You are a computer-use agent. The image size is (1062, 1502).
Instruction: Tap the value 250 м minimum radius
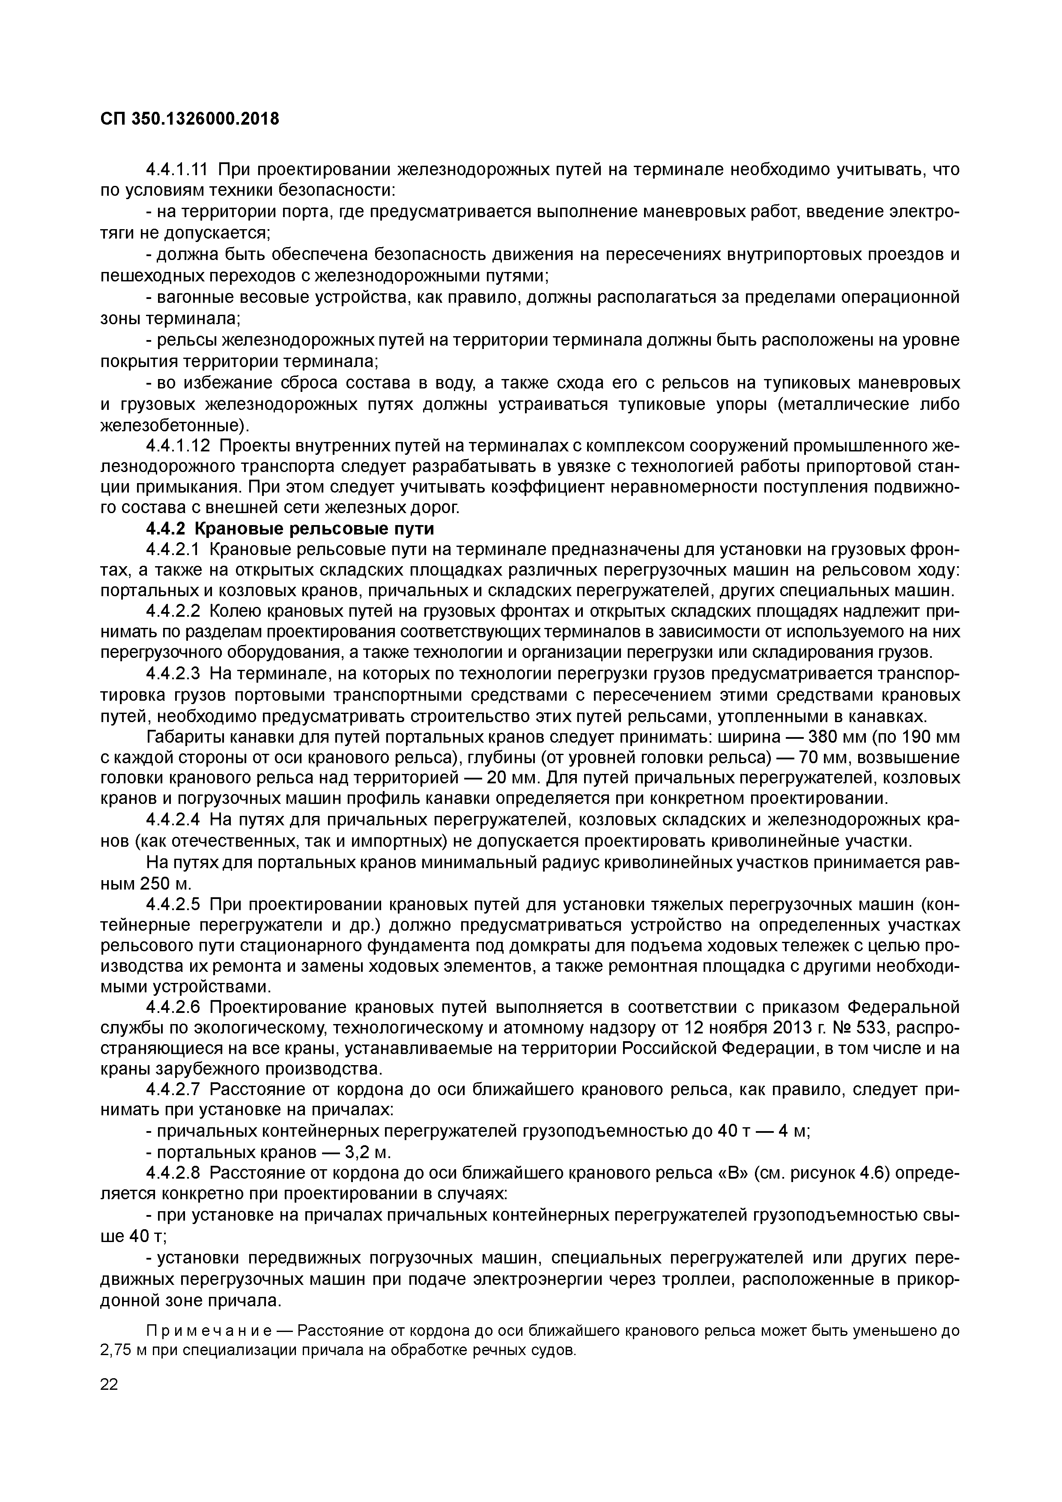[165, 884]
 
